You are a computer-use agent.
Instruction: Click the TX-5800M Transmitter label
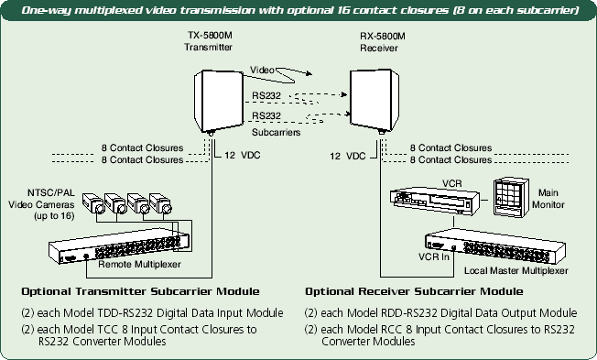[208, 41]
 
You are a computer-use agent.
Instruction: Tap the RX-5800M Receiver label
[383, 42]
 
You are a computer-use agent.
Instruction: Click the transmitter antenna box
[219, 102]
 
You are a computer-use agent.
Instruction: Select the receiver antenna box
[374, 101]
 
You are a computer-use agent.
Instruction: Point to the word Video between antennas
[262, 71]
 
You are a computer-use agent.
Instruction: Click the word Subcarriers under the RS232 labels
[276, 132]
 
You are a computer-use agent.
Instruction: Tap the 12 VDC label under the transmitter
[242, 155]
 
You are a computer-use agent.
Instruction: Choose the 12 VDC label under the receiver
[348, 156]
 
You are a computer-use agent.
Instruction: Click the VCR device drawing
[434, 200]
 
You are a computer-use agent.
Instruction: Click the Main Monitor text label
[548, 199]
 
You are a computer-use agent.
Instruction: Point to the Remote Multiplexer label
[139, 264]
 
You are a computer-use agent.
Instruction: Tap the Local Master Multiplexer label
[516, 270]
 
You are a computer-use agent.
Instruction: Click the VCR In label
[434, 256]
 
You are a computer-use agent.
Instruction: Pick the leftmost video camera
[92, 203]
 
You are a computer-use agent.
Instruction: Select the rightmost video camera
[160, 203]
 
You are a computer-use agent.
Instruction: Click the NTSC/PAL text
[51, 192]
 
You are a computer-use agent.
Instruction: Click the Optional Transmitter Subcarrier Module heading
[140, 292]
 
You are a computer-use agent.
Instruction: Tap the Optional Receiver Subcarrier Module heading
[414, 292]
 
